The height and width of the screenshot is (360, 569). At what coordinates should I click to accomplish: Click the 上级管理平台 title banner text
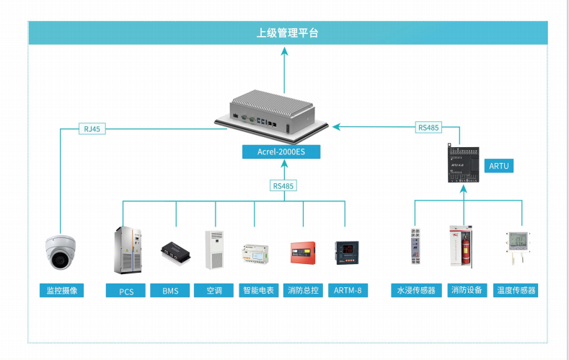tap(288, 33)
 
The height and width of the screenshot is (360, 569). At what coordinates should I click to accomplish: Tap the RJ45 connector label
tap(92, 129)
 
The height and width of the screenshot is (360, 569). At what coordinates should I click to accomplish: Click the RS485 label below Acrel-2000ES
tap(284, 185)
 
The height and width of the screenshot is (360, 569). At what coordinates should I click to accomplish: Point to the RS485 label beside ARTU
tap(428, 128)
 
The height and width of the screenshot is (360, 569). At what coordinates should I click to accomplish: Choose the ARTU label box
tap(499, 166)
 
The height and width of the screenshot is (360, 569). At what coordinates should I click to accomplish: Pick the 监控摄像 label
tap(61, 291)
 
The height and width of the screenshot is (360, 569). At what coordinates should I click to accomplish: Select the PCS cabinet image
tap(125, 250)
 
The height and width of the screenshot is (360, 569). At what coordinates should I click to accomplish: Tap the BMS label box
tap(170, 291)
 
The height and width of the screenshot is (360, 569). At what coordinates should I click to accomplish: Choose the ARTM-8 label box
tap(346, 291)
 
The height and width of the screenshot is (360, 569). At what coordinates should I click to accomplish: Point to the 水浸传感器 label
tap(415, 291)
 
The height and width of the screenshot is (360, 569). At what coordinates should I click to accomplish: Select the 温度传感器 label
tap(516, 291)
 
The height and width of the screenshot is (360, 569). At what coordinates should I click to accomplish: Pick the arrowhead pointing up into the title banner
tap(285, 51)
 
